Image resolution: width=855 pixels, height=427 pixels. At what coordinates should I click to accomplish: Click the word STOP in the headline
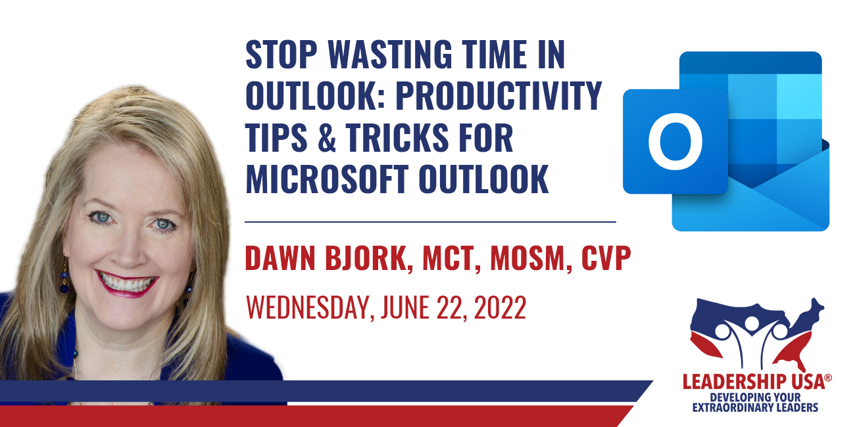[281, 54]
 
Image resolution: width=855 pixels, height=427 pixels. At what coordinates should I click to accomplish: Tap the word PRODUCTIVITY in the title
[499, 95]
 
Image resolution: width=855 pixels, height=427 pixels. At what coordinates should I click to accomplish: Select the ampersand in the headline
[327, 137]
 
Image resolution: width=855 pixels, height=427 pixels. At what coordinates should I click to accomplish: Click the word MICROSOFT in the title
[327, 179]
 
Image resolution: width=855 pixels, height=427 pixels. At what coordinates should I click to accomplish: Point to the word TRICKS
[397, 137]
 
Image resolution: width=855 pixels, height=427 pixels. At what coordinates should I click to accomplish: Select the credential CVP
[606, 258]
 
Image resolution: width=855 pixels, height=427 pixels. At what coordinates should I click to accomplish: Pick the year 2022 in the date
[500, 307]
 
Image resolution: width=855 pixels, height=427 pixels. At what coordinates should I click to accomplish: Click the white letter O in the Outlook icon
[675, 141]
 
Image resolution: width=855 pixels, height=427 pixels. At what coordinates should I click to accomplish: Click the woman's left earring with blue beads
[64, 277]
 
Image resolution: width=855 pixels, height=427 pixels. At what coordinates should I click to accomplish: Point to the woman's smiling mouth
[127, 283]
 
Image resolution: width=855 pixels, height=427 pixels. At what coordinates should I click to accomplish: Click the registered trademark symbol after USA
[828, 378]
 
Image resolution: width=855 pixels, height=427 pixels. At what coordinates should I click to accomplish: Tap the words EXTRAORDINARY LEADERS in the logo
[756, 407]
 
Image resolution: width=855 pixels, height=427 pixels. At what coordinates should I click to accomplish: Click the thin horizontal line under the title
[431, 221]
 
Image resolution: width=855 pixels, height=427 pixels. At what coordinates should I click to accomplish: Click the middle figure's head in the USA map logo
[752, 324]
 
